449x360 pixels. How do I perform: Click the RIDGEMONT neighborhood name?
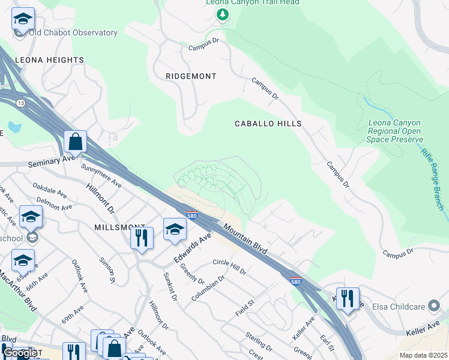190,76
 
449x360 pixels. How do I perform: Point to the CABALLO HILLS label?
267,123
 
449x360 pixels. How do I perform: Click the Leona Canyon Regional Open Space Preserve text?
394,131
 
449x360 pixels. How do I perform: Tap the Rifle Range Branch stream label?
432,179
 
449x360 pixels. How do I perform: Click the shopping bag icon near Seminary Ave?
76,142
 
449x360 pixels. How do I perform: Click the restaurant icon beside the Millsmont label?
142,238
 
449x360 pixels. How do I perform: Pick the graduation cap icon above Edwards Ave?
175,229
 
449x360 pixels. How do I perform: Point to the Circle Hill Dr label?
229,267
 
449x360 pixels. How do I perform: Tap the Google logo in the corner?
19,353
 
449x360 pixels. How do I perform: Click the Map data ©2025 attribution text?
423,355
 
